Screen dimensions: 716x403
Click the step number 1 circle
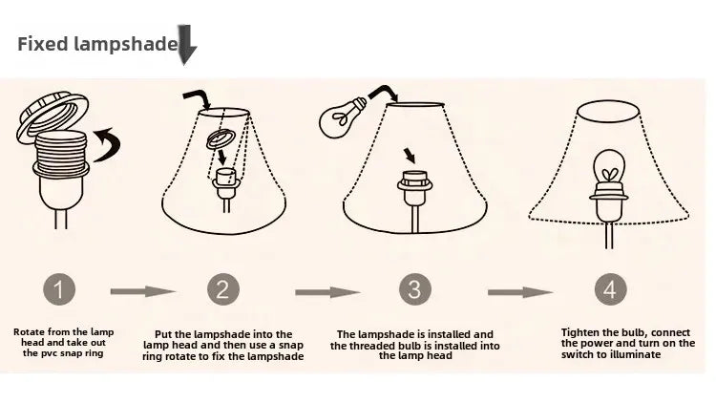tap(59, 289)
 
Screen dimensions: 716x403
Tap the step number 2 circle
tap(222, 289)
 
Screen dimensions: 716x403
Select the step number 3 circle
tap(414, 289)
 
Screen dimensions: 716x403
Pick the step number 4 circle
tap(611, 289)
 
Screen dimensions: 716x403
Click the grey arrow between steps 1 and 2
tap(143, 291)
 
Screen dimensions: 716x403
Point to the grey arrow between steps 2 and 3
tap(327, 292)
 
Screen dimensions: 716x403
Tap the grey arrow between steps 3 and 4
tap(520, 292)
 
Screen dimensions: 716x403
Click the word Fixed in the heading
tap(42, 44)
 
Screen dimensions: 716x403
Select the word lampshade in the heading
tap(126, 44)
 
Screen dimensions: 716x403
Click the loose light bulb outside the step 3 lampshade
tap(342, 117)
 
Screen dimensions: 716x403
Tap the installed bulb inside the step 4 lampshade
tap(609, 168)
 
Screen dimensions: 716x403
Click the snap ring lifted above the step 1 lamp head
tap(53, 117)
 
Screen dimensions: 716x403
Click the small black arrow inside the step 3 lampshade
tap(410, 156)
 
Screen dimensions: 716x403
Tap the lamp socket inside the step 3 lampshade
tap(414, 188)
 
